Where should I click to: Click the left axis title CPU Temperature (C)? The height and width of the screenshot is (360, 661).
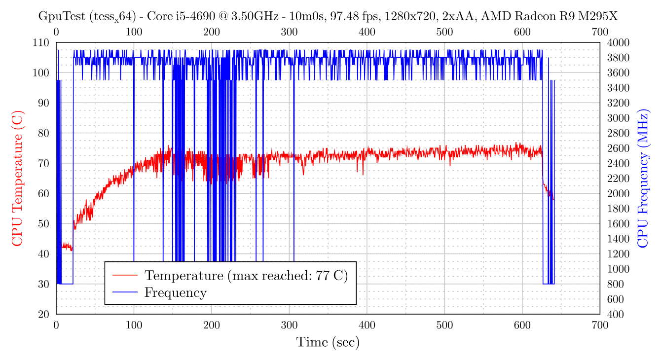17,178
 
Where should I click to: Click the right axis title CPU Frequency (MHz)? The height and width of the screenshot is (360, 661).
643,178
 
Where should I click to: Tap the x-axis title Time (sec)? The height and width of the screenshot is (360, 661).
328,342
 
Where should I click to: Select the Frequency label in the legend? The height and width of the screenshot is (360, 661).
175,292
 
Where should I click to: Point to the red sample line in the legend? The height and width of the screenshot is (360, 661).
125,275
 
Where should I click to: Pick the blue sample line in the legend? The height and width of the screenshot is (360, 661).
125,292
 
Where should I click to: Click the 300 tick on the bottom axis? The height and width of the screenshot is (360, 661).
289,324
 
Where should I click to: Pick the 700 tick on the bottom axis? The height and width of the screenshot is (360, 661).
600,324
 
